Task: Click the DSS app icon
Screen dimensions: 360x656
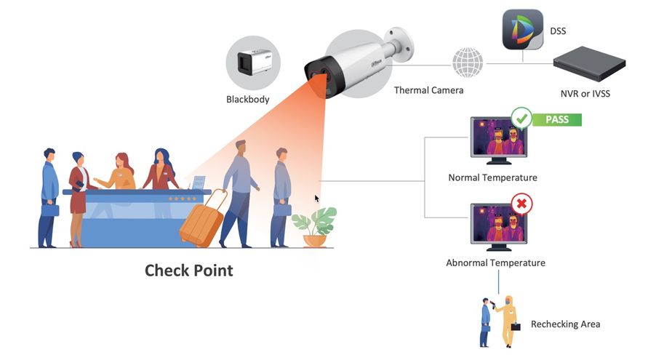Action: pos(523,30)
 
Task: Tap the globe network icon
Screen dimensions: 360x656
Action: pos(467,63)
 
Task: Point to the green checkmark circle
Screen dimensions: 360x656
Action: pos(521,118)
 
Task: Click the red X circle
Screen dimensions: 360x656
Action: pos(521,204)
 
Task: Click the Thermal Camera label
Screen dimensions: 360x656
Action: pos(428,91)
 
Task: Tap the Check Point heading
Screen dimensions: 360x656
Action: pos(188,271)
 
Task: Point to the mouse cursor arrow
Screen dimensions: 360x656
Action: pos(317,199)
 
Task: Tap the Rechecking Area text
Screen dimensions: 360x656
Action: pos(565,324)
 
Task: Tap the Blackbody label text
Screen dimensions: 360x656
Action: pos(247,99)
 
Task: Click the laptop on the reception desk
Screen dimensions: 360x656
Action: pos(196,183)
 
